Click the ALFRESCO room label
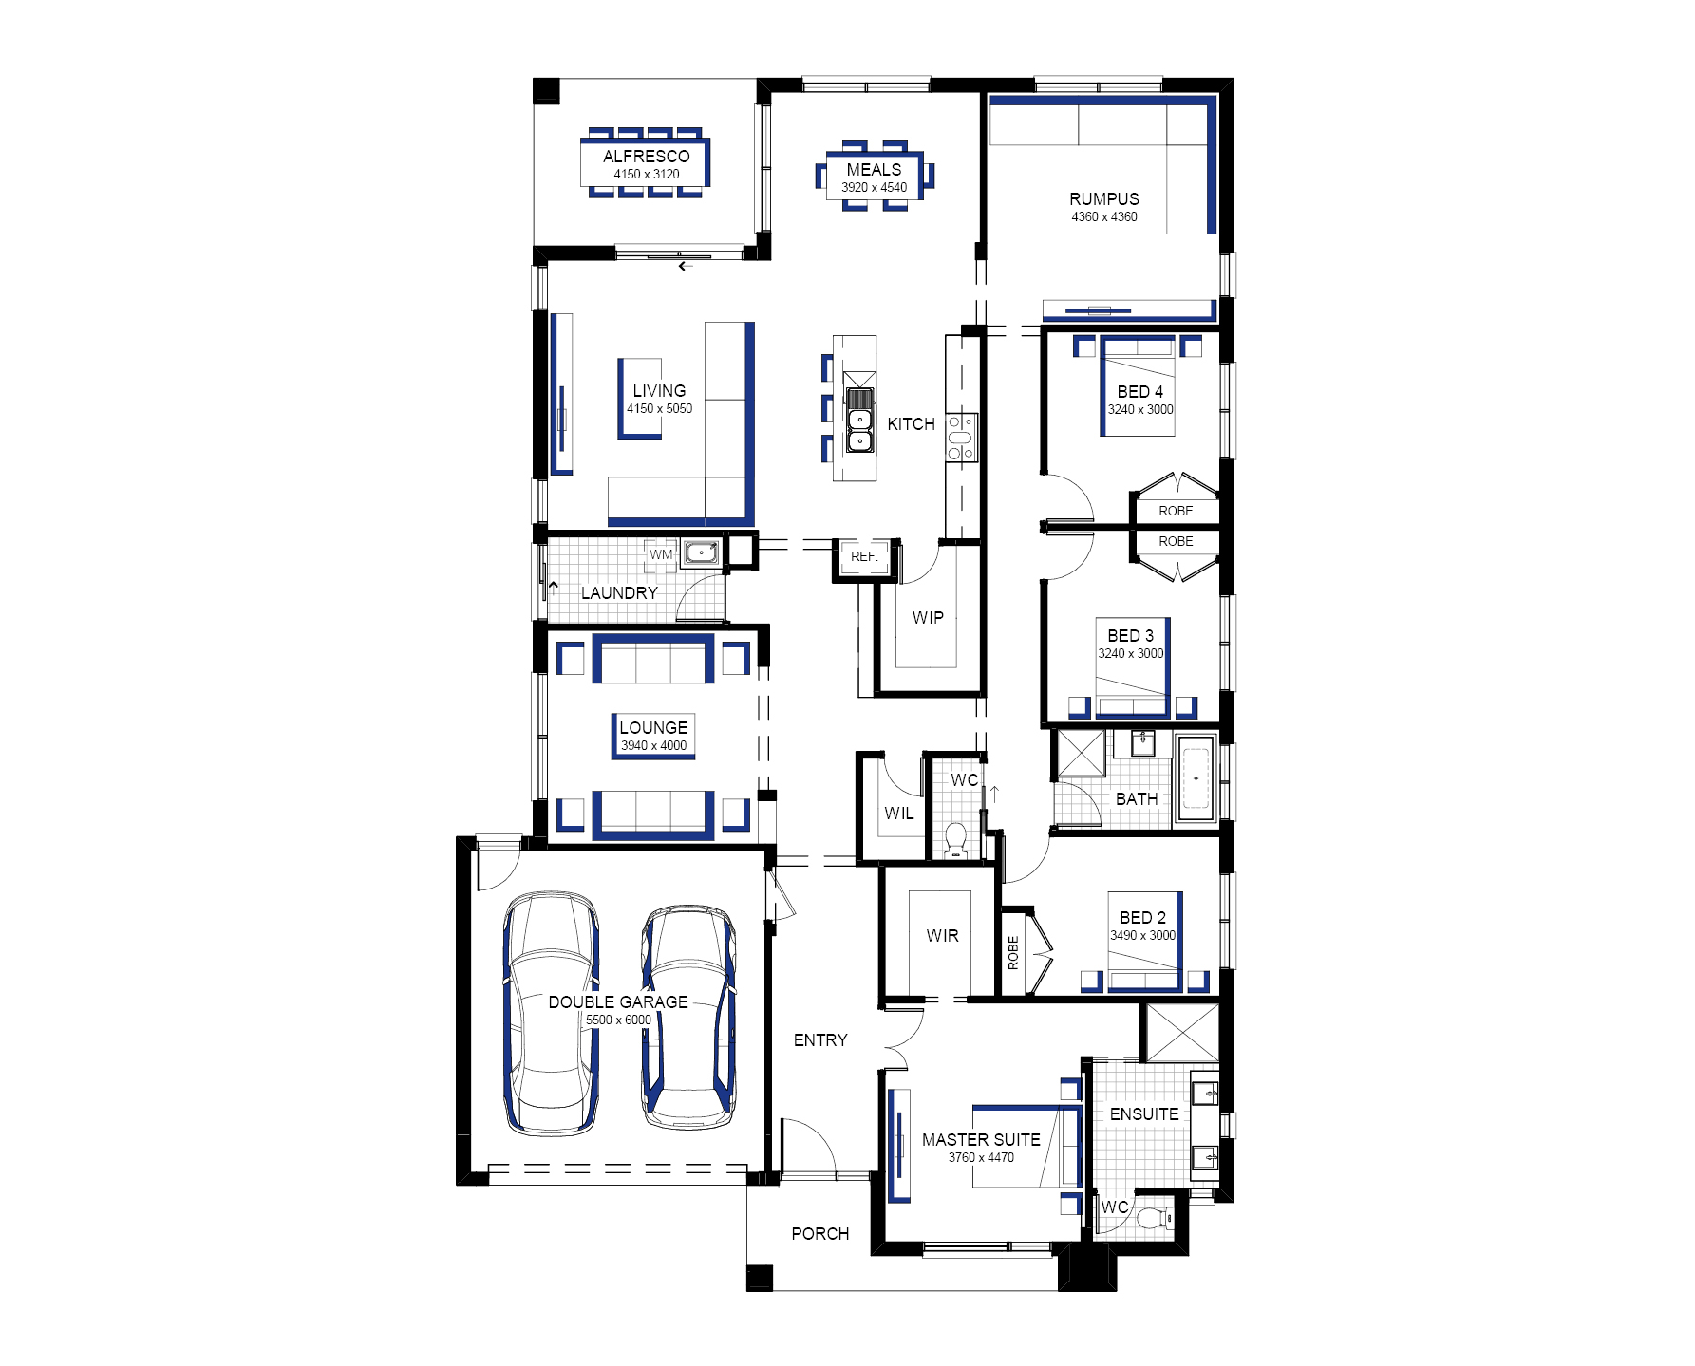coord(647,157)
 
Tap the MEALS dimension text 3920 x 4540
coord(875,188)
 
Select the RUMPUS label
coord(1104,199)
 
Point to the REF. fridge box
coord(865,557)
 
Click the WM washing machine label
coord(661,555)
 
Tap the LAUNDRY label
coord(619,593)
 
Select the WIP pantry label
coord(928,618)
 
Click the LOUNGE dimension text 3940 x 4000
coord(654,746)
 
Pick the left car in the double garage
coord(551,1014)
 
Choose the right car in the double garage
coord(689,1017)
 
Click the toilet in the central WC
coord(956,840)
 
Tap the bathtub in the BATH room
coord(1196,778)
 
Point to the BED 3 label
coord(1131,636)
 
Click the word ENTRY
coord(820,1040)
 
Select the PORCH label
coord(820,1234)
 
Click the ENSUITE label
coord(1144,1114)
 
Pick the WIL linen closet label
coord(899,814)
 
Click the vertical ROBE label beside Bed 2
coord(1013,952)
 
